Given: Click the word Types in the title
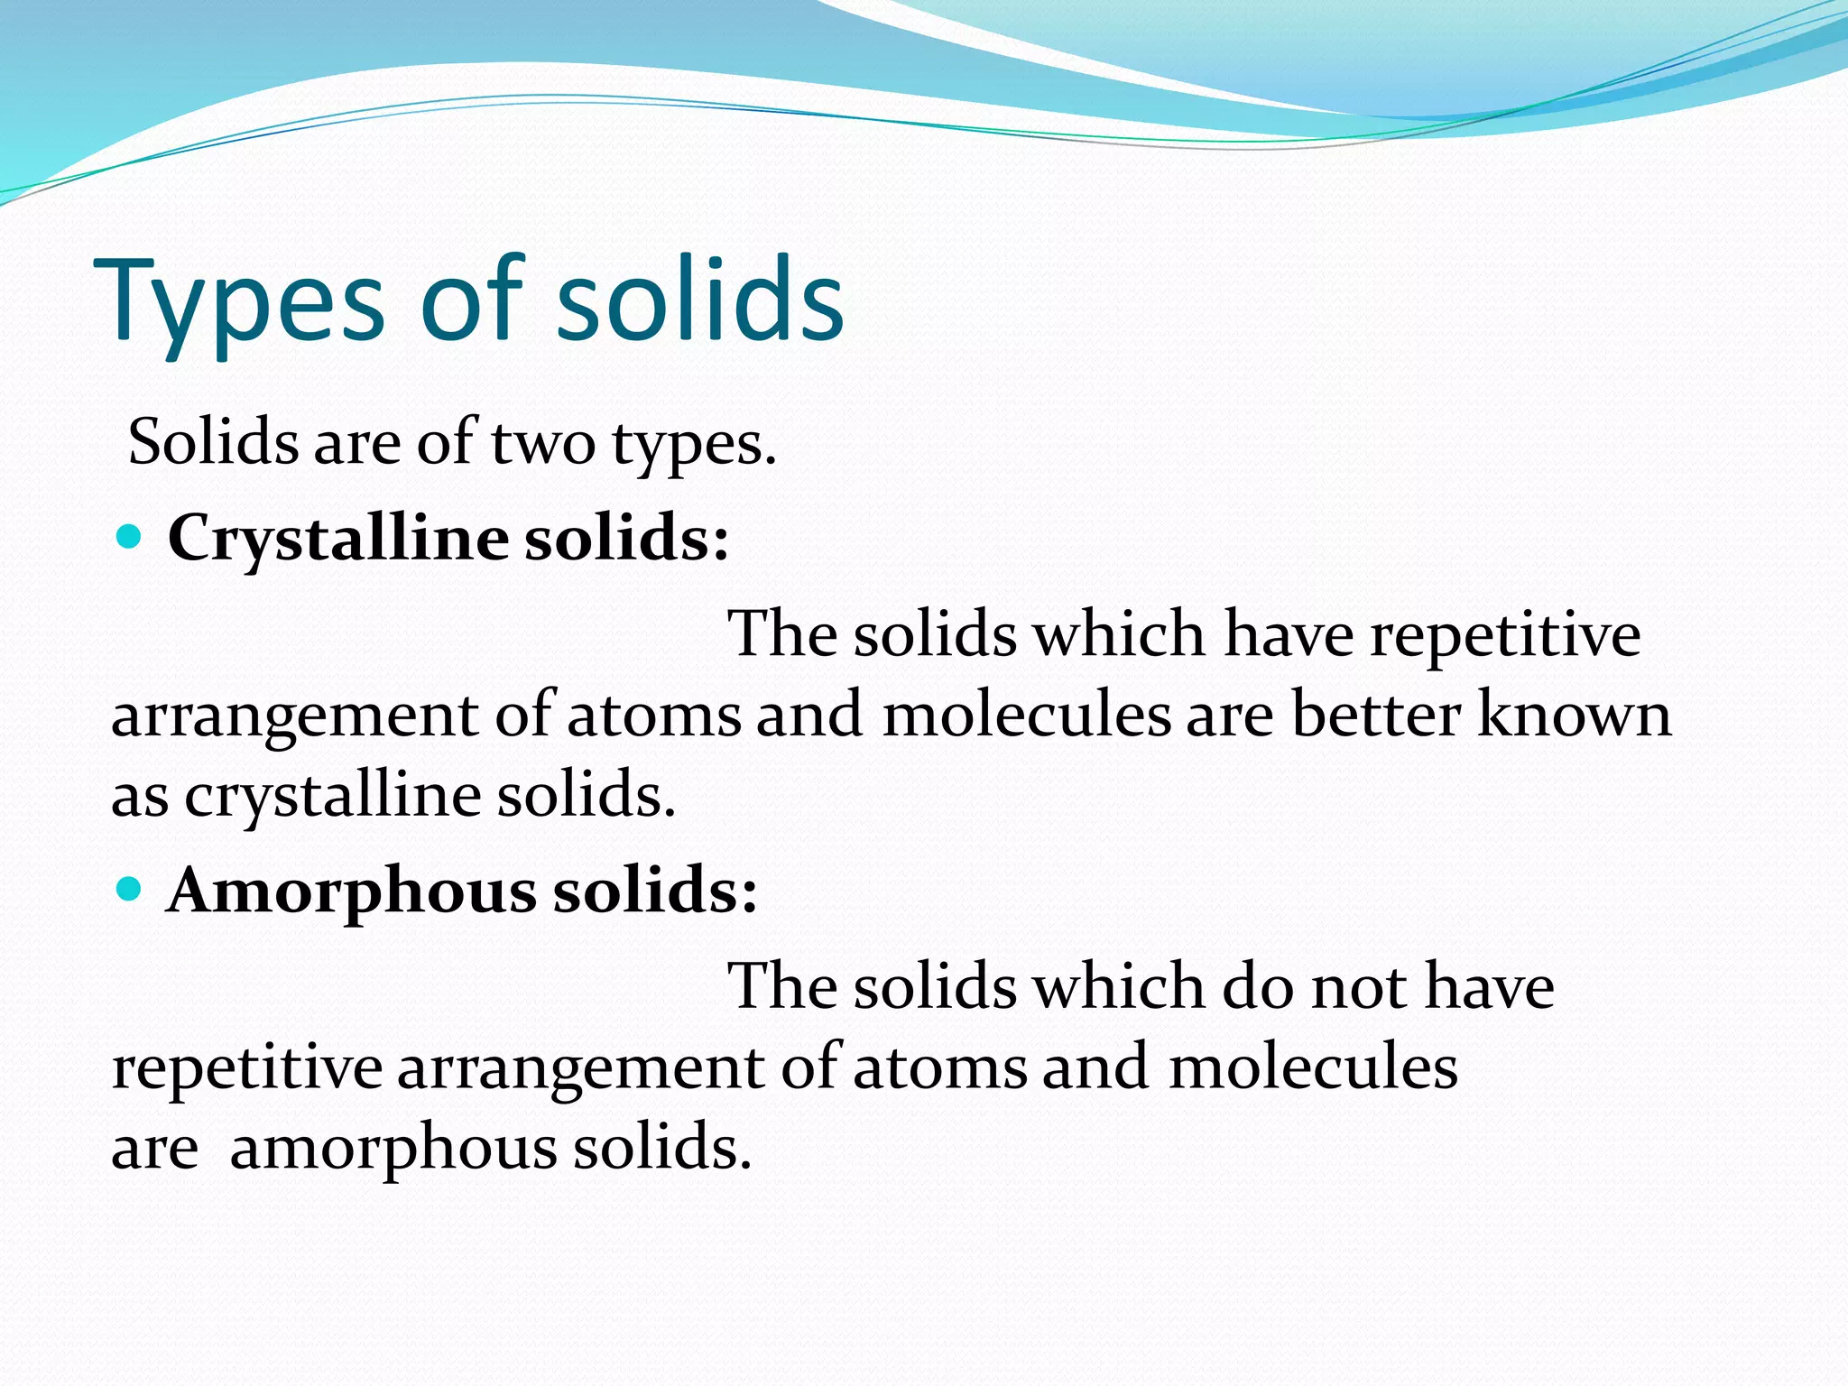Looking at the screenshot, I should pyautogui.click(x=239, y=302).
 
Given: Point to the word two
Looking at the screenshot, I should pyautogui.click(x=543, y=444).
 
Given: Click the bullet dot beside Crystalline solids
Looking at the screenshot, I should pyautogui.click(x=130, y=539).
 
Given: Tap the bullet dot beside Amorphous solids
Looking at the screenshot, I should pyautogui.click(x=130, y=891).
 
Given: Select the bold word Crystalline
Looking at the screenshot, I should pyautogui.click(x=338, y=540).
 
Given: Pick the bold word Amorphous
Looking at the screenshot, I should pyautogui.click(x=352, y=892).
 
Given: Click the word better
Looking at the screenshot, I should pyautogui.click(x=1376, y=716).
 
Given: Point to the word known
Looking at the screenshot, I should pyautogui.click(x=1575, y=716).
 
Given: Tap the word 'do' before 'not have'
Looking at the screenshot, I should pyautogui.click(x=1259, y=986).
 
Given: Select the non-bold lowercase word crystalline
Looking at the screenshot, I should pyautogui.click(x=333, y=797).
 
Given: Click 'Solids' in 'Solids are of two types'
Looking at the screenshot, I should pyautogui.click(x=213, y=443).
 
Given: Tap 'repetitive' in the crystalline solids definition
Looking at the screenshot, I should pyautogui.click(x=1505, y=634).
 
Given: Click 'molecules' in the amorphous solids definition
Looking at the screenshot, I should pyautogui.click(x=1313, y=1067).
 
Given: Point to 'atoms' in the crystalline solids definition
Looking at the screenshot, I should pyautogui.click(x=654, y=716).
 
